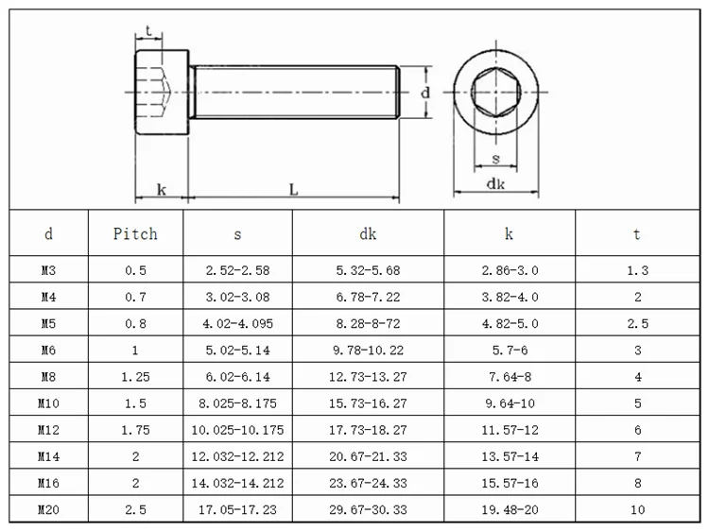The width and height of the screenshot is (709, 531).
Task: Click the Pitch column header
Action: point(135,233)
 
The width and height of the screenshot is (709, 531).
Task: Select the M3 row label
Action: point(48,270)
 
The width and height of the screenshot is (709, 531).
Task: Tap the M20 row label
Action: point(48,511)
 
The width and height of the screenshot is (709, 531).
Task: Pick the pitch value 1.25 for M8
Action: point(135,377)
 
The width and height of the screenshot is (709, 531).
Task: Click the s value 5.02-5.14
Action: point(237,351)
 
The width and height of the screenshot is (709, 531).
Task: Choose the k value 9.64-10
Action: point(510,404)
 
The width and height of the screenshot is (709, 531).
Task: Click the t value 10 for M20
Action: point(636,511)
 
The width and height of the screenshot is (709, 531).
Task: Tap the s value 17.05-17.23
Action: point(237,511)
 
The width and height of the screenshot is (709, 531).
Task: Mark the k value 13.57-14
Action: point(510,457)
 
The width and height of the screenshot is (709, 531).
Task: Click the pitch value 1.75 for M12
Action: point(135,431)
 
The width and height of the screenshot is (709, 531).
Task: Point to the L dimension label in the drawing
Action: point(294,189)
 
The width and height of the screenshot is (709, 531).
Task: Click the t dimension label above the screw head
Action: point(149,31)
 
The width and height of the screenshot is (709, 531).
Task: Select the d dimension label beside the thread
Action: point(425,93)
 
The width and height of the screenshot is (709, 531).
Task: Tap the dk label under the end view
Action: point(494,184)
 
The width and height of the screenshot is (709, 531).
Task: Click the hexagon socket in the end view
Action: point(494,94)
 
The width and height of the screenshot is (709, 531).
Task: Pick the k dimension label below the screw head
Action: point(162,189)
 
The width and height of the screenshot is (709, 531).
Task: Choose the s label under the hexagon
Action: point(494,158)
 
